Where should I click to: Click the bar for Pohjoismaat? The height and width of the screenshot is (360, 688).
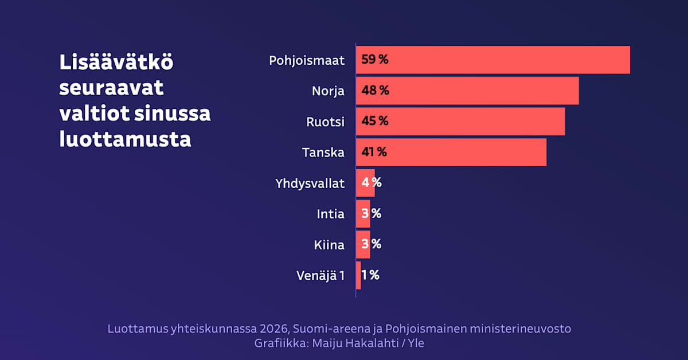[x=493, y=60]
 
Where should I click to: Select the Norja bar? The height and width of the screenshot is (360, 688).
[x=467, y=91]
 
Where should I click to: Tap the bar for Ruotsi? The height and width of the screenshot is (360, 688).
[x=460, y=121]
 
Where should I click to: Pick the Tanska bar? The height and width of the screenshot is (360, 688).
[x=451, y=152]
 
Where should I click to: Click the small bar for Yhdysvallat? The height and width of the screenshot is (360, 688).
[x=365, y=183]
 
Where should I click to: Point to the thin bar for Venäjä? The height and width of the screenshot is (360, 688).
[x=358, y=275]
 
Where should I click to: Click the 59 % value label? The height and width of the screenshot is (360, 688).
[x=374, y=60]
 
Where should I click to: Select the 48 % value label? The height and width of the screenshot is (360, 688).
[x=375, y=91]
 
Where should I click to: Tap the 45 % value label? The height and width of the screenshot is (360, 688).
[x=374, y=121]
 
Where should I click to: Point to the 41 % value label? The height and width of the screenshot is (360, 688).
[x=374, y=152]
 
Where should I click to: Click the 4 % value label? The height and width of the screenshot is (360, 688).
[x=372, y=183]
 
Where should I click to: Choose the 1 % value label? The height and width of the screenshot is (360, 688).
[x=370, y=275]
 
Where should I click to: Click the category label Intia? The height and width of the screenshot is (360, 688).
[x=330, y=214]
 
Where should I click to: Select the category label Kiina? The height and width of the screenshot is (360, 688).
[x=329, y=245]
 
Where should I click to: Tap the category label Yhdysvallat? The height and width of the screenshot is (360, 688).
[x=310, y=183]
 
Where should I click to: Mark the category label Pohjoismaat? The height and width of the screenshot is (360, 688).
[x=307, y=60]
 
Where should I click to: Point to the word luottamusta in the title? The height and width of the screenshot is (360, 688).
[x=125, y=139]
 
